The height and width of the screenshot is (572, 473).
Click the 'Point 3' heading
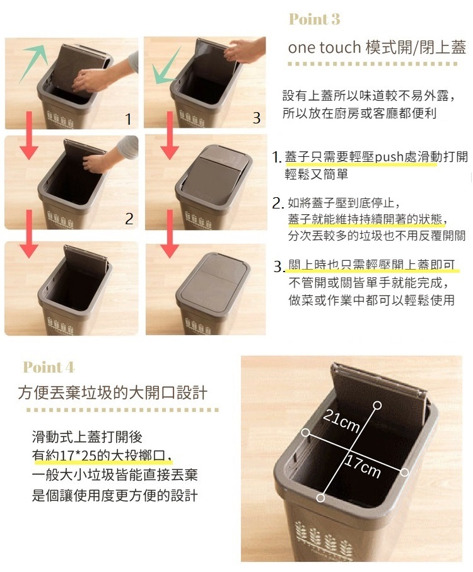point(315,19)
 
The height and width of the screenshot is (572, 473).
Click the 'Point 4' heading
point(49,367)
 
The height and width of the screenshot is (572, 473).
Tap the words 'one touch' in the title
point(324,47)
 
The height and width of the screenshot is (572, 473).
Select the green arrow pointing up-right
point(33,63)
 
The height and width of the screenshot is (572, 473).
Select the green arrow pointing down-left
point(167,66)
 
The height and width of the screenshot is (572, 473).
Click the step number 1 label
point(128,119)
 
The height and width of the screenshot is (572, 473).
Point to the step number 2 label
point(129,219)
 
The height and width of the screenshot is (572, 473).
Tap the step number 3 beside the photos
point(257,118)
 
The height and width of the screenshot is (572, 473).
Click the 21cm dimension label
point(342,421)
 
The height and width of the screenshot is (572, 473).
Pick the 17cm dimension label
point(363,467)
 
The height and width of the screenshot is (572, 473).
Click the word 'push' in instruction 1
point(390,157)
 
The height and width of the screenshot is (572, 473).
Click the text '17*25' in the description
point(78,455)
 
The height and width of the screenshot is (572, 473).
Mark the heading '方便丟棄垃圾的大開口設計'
point(113,393)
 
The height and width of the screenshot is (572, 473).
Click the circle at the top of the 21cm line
point(378,405)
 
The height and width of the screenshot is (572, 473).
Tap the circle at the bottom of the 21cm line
point(320,498)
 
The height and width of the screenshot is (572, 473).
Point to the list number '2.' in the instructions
point(277,203)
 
